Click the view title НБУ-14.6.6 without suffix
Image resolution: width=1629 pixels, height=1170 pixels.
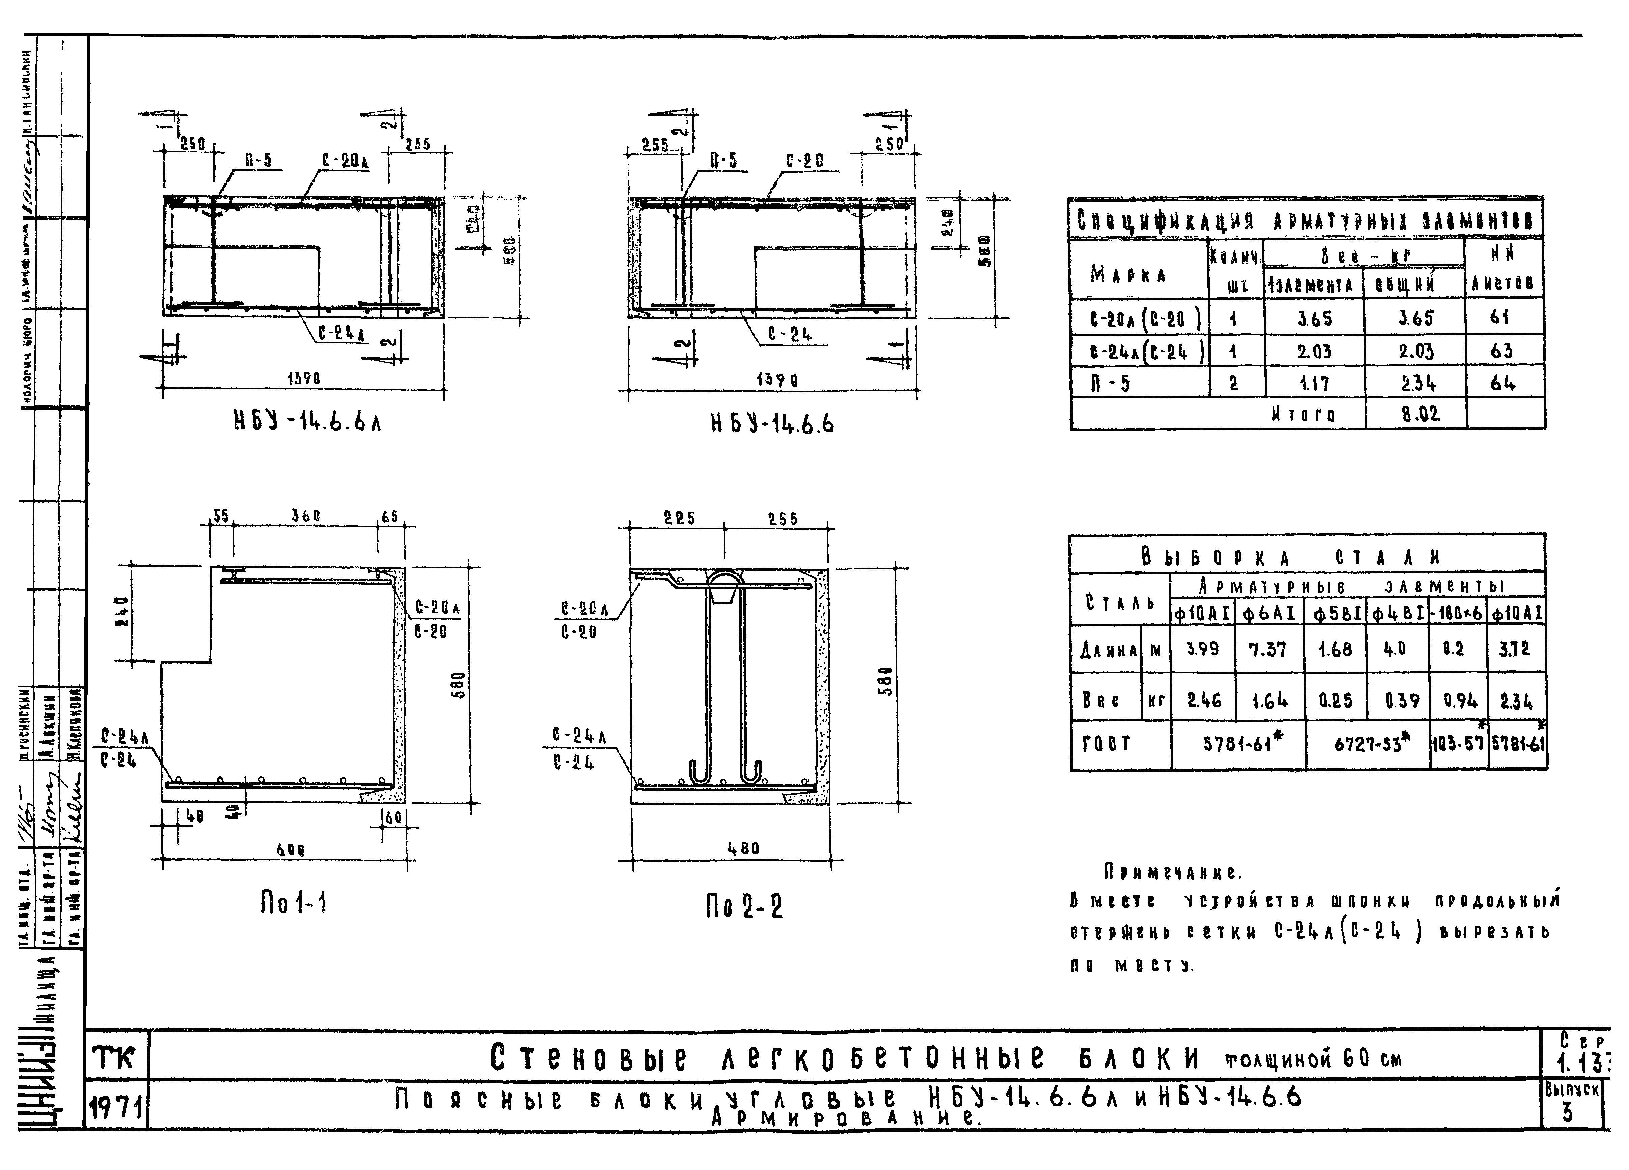click(x=772, y=424)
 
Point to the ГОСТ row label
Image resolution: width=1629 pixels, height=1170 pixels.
click(x=1106, y=744)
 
